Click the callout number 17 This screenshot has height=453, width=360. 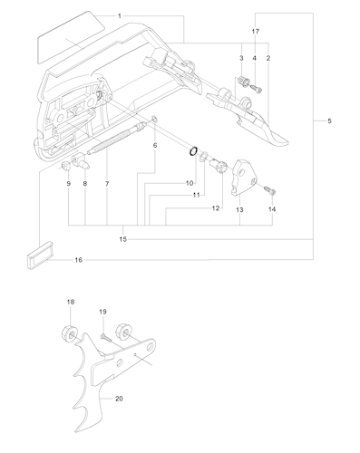pyautogui.click(x=256, y=31)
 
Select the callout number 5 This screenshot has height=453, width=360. pyautogui.click(x=329, y=121)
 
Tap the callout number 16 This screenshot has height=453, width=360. pyautogui.click(x=79, y=260)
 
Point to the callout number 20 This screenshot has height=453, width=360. pyautogui.click(x=119, y=399)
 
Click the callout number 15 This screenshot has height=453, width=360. pyautogui.click(x=122, y=239)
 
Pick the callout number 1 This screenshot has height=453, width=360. pyautogui.click(x=120, y=16)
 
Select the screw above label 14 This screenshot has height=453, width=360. pyautogui.click(x=270, y=190)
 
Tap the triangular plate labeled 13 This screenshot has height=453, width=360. pyautogui.click(x=244, y=178)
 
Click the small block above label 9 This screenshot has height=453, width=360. pyautogui.click(x=66, y=166)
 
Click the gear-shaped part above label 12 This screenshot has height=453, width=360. pyautogui.click(x=218, y=167)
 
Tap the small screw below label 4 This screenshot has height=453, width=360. pyautogui.click(x=257, y=89)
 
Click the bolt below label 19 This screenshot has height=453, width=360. pyautogui.click(x=105, y=337)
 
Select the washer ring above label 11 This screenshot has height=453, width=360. pyautogui.click(x=204, y=156)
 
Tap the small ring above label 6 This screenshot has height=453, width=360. pyautogui.click(x=154, y=119)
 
